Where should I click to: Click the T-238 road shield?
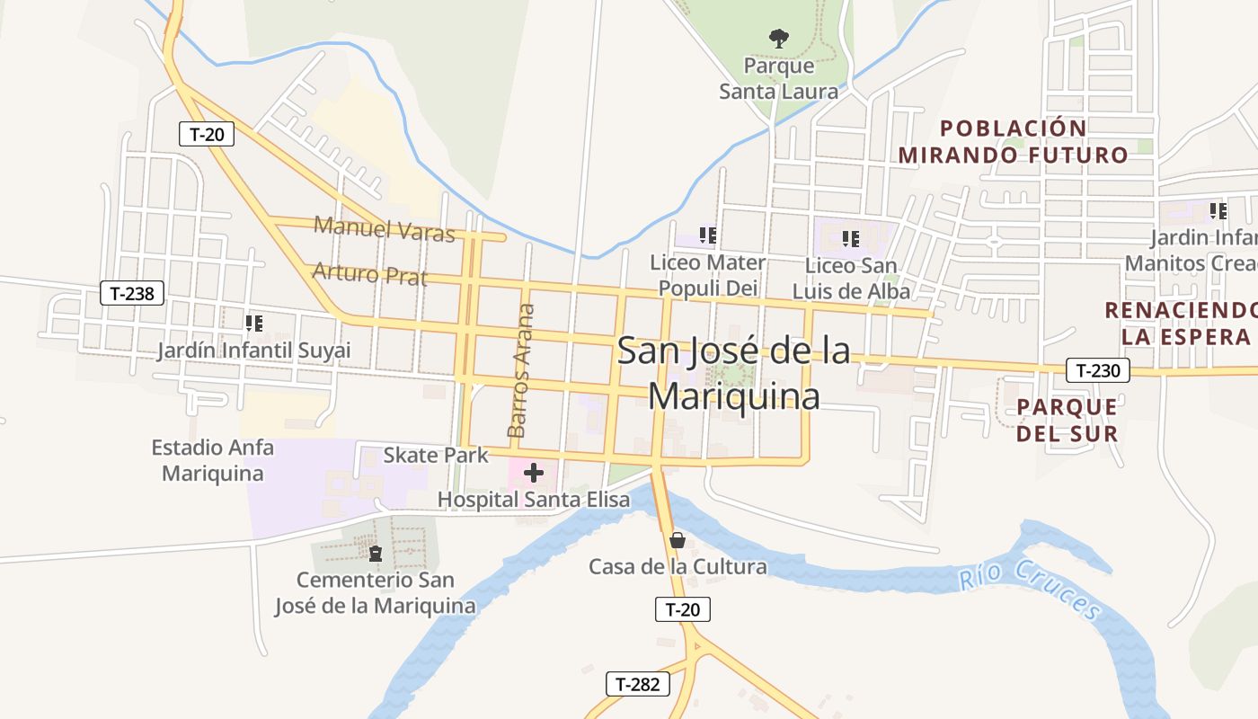132,293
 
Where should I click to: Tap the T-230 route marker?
1098,369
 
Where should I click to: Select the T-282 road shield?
638,684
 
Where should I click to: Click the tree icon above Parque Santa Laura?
779,38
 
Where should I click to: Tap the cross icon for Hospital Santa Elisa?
534,472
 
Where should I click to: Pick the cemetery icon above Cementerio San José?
376,553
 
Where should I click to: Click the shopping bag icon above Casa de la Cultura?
678,540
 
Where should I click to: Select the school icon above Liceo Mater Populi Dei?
708,235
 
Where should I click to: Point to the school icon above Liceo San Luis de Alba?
851,239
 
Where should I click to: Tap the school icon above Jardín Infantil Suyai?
254,323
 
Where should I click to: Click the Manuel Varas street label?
385,228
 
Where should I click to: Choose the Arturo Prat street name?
369,273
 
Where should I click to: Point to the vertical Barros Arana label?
520,370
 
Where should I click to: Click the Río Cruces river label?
1030,588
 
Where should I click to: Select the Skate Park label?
436,455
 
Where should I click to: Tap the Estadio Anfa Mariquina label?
213,459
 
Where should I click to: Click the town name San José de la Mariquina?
734,373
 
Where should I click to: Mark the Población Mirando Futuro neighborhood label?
1013,141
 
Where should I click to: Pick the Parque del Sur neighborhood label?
1067,420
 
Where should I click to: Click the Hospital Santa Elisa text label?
534,500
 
